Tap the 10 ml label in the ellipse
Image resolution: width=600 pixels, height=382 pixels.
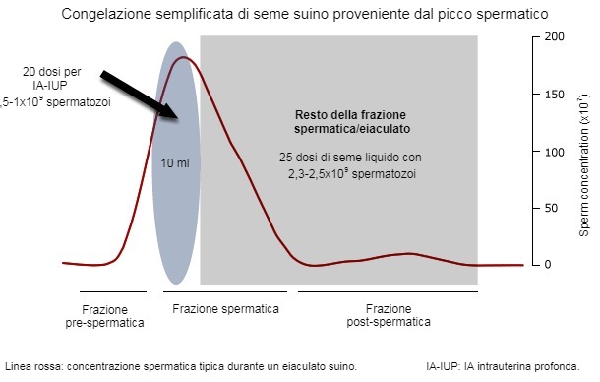tap(176, 163)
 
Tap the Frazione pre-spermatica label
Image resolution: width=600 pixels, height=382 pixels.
tap(104, 315)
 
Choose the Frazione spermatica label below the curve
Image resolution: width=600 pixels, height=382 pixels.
tap(225, 309)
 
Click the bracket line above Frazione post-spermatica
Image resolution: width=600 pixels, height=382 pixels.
tap(394, 291)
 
